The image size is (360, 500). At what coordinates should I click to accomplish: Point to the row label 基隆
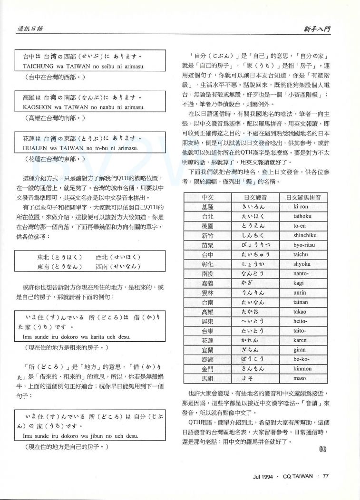[x=208, y=207]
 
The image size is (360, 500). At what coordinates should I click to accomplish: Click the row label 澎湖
[x=208, y=359]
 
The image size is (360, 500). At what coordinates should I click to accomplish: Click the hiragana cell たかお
[x=253, y=312]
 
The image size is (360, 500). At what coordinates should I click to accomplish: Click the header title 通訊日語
[x=31, y=29]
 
